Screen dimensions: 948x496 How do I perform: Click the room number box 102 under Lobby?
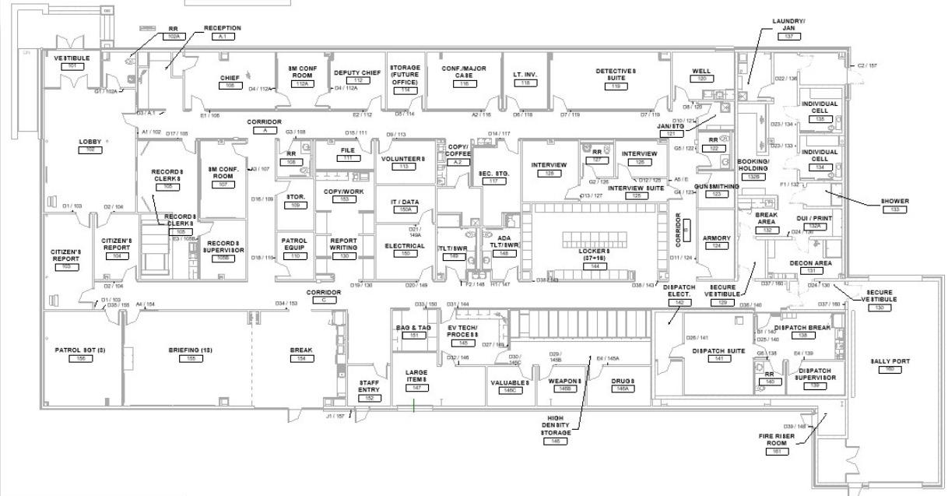(x=90, y=149)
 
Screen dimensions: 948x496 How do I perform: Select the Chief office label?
(x=230, y=78)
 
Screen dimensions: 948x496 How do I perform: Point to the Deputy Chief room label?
(x=358, y=72)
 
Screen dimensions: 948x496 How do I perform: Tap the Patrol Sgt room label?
(x=79, y=350)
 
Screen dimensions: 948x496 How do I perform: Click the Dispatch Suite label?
(x=718, y=350)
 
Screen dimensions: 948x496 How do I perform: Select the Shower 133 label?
(x=894, y=201)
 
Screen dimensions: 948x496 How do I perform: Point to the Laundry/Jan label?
(x=788, y=25)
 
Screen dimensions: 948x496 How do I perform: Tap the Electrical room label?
(x=405, y=246)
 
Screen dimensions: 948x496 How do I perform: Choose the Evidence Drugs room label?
(x=623, y=381)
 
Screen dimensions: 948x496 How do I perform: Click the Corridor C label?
(x=324, y=293)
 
